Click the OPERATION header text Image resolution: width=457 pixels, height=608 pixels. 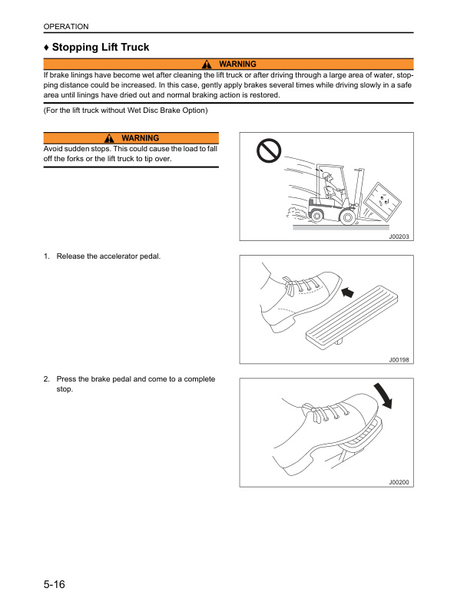(x=66, y=27)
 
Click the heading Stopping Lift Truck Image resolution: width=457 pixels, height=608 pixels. (x=97, y=48)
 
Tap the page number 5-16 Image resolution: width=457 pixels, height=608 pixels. (x=54, y=585)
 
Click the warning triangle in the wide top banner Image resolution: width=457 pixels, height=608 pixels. (x=207, y=64)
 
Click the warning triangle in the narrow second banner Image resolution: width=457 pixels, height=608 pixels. (x=110, y=138)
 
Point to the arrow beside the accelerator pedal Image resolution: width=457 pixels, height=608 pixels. (x=347, y=292)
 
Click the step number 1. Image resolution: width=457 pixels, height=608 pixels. (x=47, y=276)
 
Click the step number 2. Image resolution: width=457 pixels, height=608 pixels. (x=47, y=379)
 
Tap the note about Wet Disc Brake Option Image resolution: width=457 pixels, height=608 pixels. (x=126, y=111)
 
